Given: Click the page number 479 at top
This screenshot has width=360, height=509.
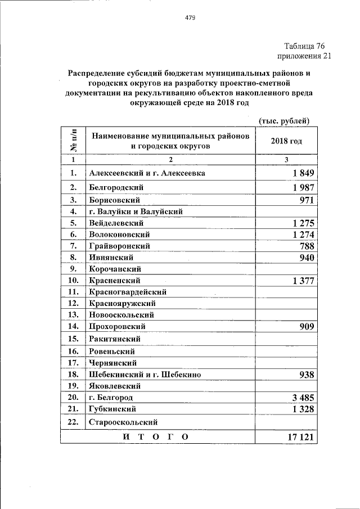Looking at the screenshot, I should tap(190, 17).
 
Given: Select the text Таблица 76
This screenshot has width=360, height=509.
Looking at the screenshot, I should tap(304, 46).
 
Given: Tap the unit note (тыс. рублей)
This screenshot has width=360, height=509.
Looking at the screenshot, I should tap(285, 120).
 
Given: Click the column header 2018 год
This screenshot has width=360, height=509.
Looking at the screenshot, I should tap(286, 141).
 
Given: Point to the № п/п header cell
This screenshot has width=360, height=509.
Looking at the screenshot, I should tap(73, 141).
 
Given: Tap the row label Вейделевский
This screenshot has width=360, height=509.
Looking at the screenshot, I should tap(116, 223).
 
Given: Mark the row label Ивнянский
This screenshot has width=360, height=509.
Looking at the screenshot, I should tap(111, 258).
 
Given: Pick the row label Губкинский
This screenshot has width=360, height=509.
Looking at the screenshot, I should tap(112, 409).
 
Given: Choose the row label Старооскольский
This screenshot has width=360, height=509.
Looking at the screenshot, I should tap(123, 421).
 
